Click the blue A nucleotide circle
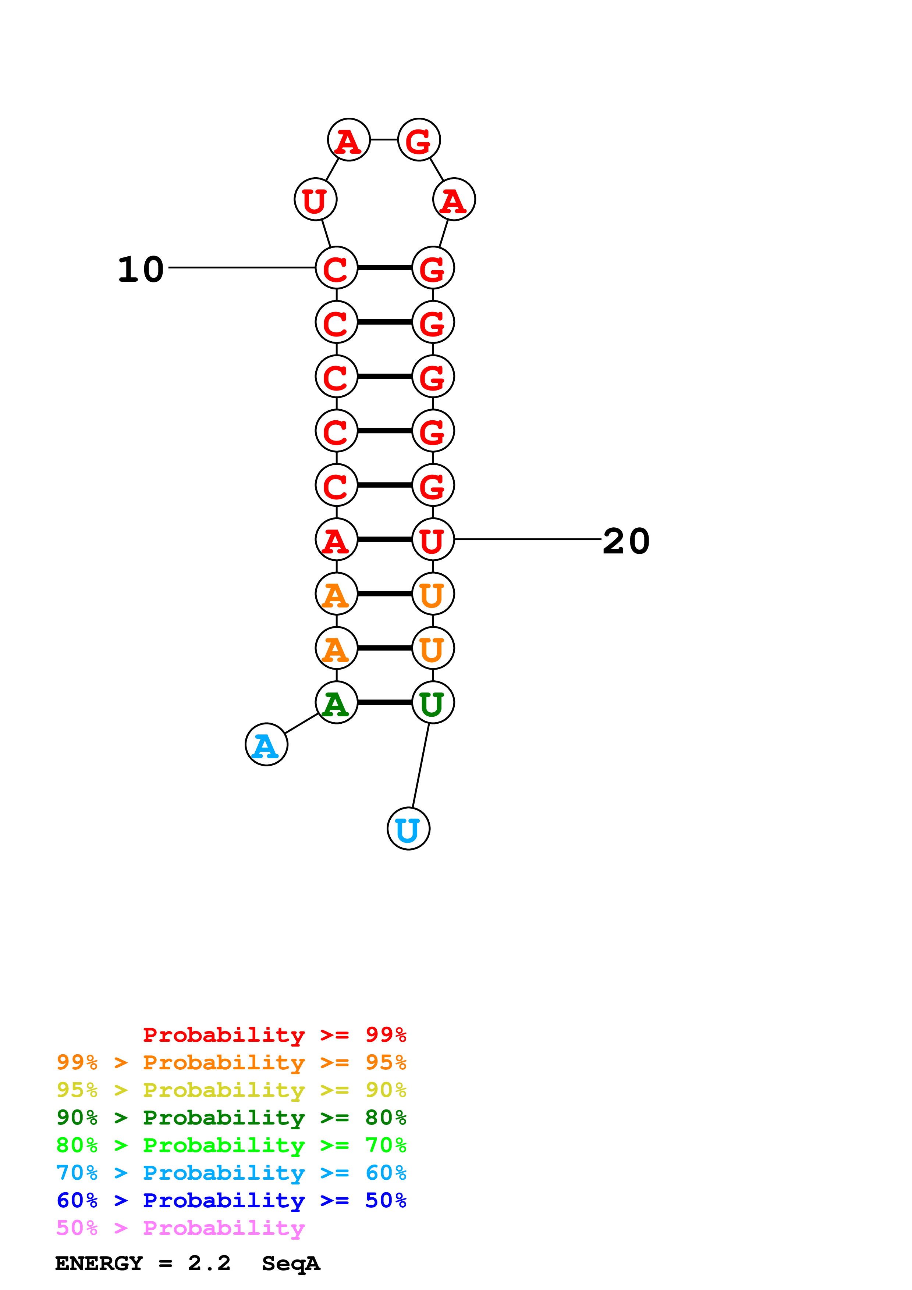[x=266, y=744]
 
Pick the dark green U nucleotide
[x=433, y=702]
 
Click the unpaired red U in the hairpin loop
[x=315, y=199]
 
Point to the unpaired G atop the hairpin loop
[x=419, y=139]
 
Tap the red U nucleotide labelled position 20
[x=433, y=539]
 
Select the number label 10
[x=141, y=269]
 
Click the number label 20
[x=626, y=541]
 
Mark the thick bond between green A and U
[x=385, y=702]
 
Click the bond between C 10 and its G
[x=385, y=267]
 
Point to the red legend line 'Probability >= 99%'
[x=274, y=1034]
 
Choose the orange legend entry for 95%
[x=231, y=1062]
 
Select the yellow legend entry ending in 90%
[x=231, y=1090]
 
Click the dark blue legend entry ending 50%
[x=231, y=1200]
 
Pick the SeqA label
[x=291, y=1264]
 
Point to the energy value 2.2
[x=209, y=1263]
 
